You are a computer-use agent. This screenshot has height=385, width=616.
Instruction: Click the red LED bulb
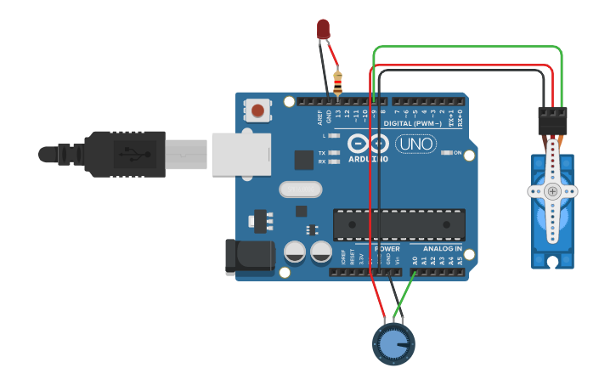click(x=323, y=29)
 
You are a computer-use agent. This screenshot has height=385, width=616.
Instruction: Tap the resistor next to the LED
click(x=338, y=83)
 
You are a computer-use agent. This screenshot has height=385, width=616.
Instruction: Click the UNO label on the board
click(x=416, y=144)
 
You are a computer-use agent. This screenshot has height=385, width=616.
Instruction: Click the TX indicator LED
click(x=334, y=153)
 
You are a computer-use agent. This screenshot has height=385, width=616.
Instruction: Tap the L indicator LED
click(x=334, y=135)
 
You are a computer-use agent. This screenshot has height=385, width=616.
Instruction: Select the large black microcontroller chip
click(x=398, y=224)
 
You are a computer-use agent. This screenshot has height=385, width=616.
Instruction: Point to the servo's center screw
click(x=552, y=191)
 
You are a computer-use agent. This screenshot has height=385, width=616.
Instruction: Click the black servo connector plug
click(x=552, y=118)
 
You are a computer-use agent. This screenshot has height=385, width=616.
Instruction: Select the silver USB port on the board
click(x=240, y=154)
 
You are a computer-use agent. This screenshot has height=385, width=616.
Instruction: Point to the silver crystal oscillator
click(x=300, y=190)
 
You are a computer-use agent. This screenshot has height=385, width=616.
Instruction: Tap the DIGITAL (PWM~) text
click(x=413, y=123)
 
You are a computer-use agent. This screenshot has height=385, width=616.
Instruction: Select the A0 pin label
click(x=415, y=261)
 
